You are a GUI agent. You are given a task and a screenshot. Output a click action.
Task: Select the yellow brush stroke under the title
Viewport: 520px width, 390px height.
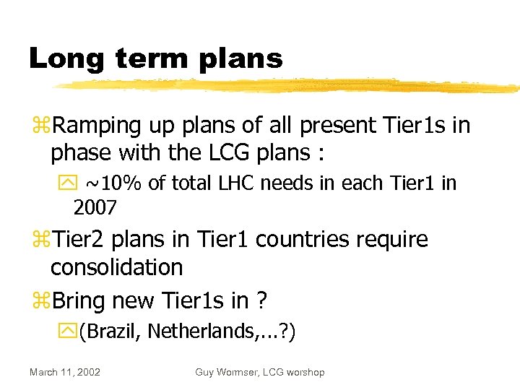click(289, 86)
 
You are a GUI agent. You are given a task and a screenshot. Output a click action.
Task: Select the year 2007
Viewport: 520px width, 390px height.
click(95, 209)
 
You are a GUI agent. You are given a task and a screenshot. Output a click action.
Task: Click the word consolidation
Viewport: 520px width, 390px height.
click(116, 267)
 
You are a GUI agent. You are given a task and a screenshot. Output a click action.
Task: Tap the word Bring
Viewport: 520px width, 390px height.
click(82, 300)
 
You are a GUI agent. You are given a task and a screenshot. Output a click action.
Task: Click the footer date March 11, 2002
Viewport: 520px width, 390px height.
click(65, 372)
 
